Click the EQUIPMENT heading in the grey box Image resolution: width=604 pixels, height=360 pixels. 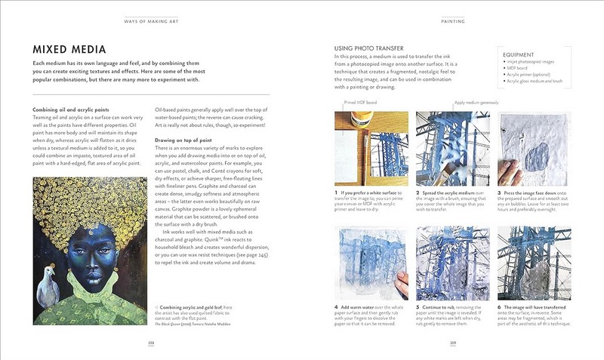(x=519, y=55)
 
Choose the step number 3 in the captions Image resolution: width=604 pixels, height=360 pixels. (x=500, y=193)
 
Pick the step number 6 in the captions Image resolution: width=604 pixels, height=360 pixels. (x=500, y=309)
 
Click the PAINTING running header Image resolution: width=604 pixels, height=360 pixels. (x=451, y=21)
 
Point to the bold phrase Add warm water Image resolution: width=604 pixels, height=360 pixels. (x=361, y=309)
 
